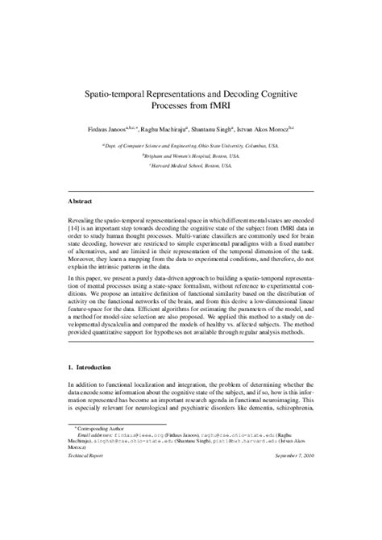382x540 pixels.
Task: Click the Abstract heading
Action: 82,199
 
